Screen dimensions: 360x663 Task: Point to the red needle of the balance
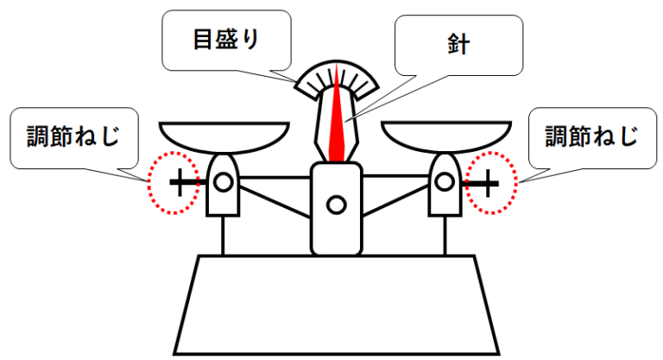(338, 129)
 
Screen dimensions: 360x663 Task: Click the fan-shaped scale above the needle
(338, 82)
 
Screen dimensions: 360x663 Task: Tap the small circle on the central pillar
(337, 205)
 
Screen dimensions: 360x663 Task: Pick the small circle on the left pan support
(223, 182)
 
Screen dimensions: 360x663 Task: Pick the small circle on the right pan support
(445, 182)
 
